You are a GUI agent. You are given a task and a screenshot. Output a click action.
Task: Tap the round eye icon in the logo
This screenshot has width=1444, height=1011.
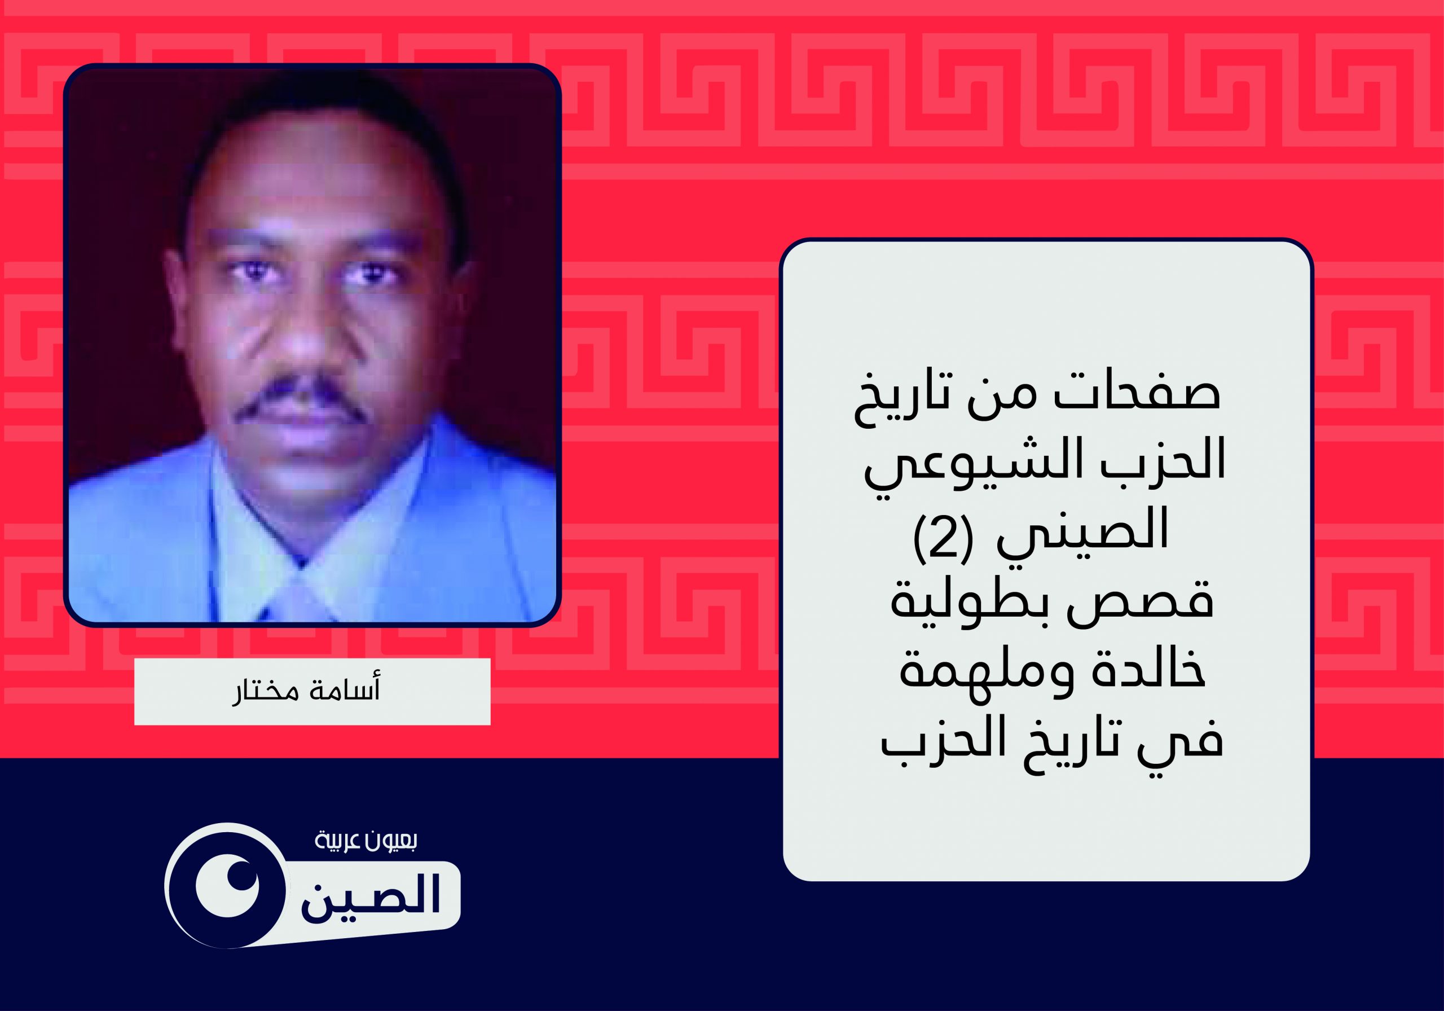click(226, 885)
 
